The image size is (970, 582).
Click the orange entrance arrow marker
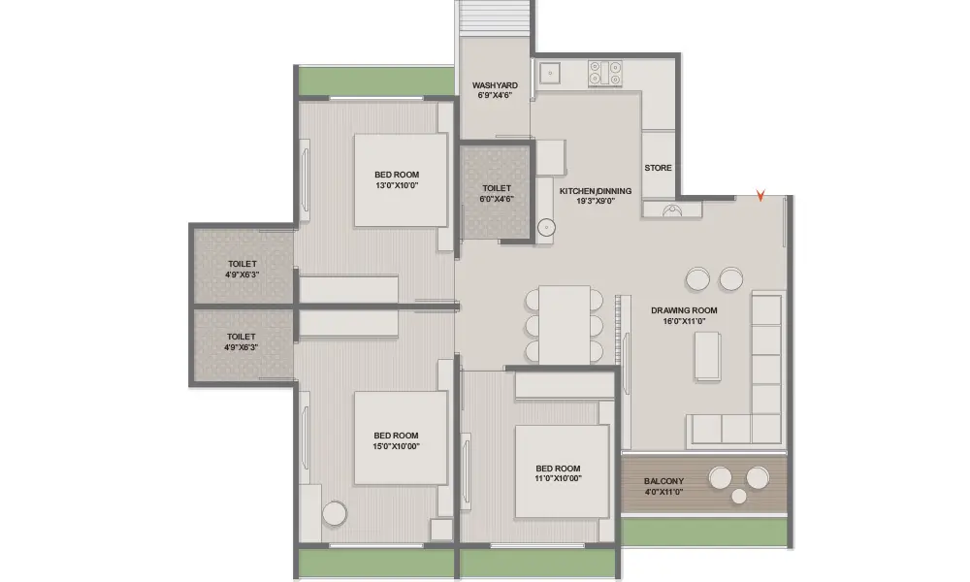pos(760,196)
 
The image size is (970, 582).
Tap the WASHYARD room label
pos(495,85)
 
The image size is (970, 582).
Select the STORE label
pos(658,168)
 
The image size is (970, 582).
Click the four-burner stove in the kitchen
pos(605,73)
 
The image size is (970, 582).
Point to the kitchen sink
pos(549,73)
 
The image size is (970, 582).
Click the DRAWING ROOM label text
pos(684,310)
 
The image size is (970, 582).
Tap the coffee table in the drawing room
pos(708,356)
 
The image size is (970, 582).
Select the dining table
pos(565,325)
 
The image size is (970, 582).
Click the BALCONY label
pos(663,481)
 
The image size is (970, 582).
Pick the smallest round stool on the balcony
pos(738,496)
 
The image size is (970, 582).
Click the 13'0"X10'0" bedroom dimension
pos(397,185)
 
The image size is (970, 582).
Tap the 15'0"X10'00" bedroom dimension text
pos(396,446)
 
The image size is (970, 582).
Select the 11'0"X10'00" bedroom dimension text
pos(558,478)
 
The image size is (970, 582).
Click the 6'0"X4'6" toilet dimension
pos(496,199)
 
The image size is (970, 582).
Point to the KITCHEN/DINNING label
pos(596,191)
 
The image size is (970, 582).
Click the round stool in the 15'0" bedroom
pos(334,513)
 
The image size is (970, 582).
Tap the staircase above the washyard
pos(495,18)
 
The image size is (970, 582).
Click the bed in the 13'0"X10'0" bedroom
pos(401,180)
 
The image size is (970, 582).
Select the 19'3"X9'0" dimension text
pos(596,201)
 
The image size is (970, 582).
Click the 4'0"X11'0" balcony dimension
pos(663,493)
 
